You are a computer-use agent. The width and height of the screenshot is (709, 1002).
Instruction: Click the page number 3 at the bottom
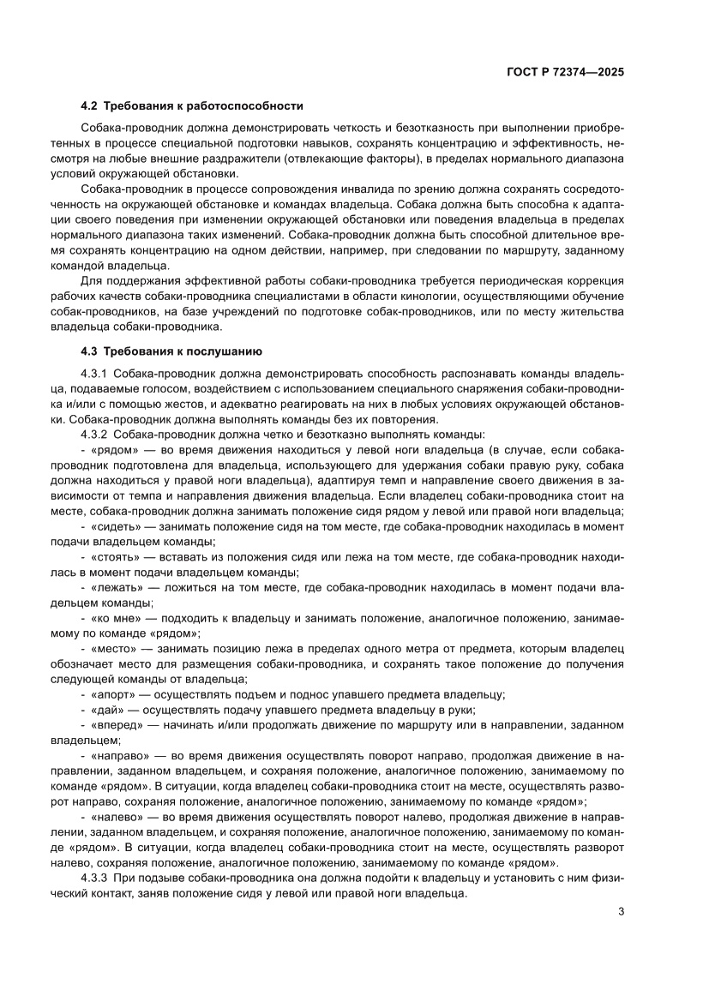pyautogui.click(x=621, y=911)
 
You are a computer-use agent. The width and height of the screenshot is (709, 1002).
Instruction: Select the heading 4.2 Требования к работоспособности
pyautogui.click(x=192, y=106)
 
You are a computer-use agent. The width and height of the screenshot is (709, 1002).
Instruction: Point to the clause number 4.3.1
pyautogui.click(x=93, y=375)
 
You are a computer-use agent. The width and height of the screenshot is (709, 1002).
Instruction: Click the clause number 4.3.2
pyautogui.click(x=93, y=435)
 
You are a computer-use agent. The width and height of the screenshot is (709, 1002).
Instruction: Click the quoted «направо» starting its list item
pyautogui.click(x=123, y=756)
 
